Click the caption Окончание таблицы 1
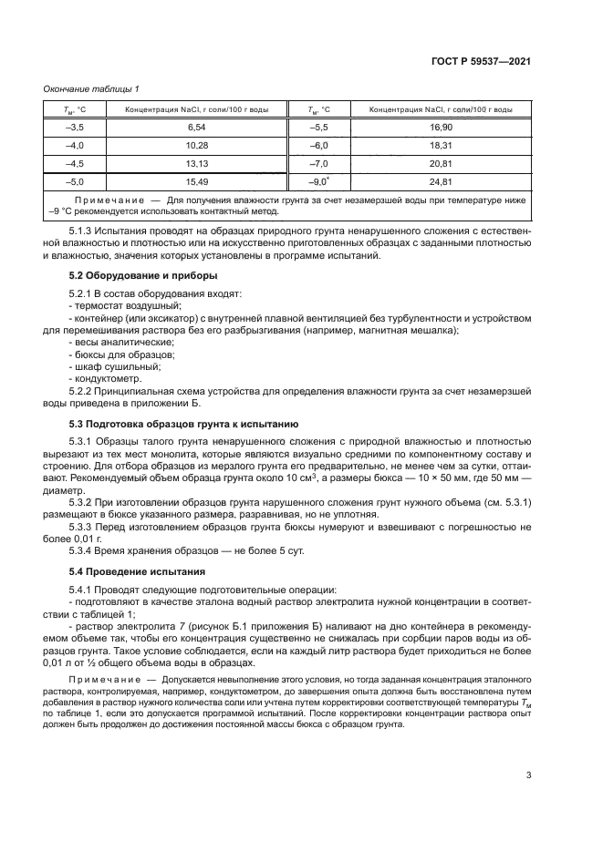90,88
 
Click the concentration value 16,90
441,128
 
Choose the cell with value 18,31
441,146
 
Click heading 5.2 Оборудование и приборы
130,274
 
